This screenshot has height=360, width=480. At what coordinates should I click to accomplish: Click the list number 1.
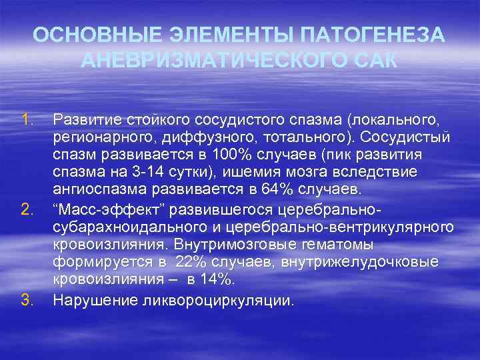(27, 121)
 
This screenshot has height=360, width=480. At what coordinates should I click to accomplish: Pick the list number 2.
(27, 211)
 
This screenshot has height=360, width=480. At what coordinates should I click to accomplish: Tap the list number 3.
(27, 301)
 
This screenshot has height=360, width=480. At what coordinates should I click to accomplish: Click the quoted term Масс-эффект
(109, 211)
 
